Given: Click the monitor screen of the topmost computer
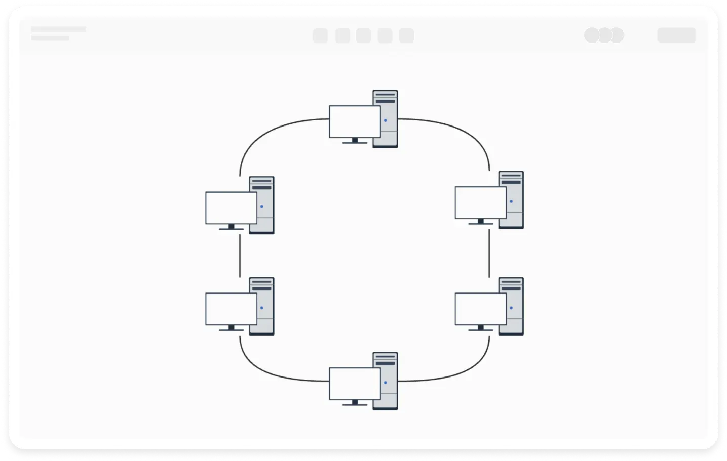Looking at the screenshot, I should [355, 121].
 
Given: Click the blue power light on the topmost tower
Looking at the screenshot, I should [386, 120].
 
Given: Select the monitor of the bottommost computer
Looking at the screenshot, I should [355, 384].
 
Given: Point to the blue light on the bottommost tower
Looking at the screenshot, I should [386, 383].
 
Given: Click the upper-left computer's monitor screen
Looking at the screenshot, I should [231, 207].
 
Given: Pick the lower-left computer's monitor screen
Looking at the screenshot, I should [231, 309].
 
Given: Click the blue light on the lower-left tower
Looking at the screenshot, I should [262, 308].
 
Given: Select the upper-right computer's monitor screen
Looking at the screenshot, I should [480, 202].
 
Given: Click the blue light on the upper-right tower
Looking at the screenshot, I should [511, 201].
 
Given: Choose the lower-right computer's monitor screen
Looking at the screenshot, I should [480, 309].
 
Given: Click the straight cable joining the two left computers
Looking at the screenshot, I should [240, 256].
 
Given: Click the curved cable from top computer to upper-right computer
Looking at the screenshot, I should [466, 132].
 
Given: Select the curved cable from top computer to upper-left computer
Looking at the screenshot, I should [263, 132].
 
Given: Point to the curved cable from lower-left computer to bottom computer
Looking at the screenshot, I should [263, 370].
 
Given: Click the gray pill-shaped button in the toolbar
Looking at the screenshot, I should [676, 35].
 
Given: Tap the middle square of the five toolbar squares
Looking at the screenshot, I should [363, 36].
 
